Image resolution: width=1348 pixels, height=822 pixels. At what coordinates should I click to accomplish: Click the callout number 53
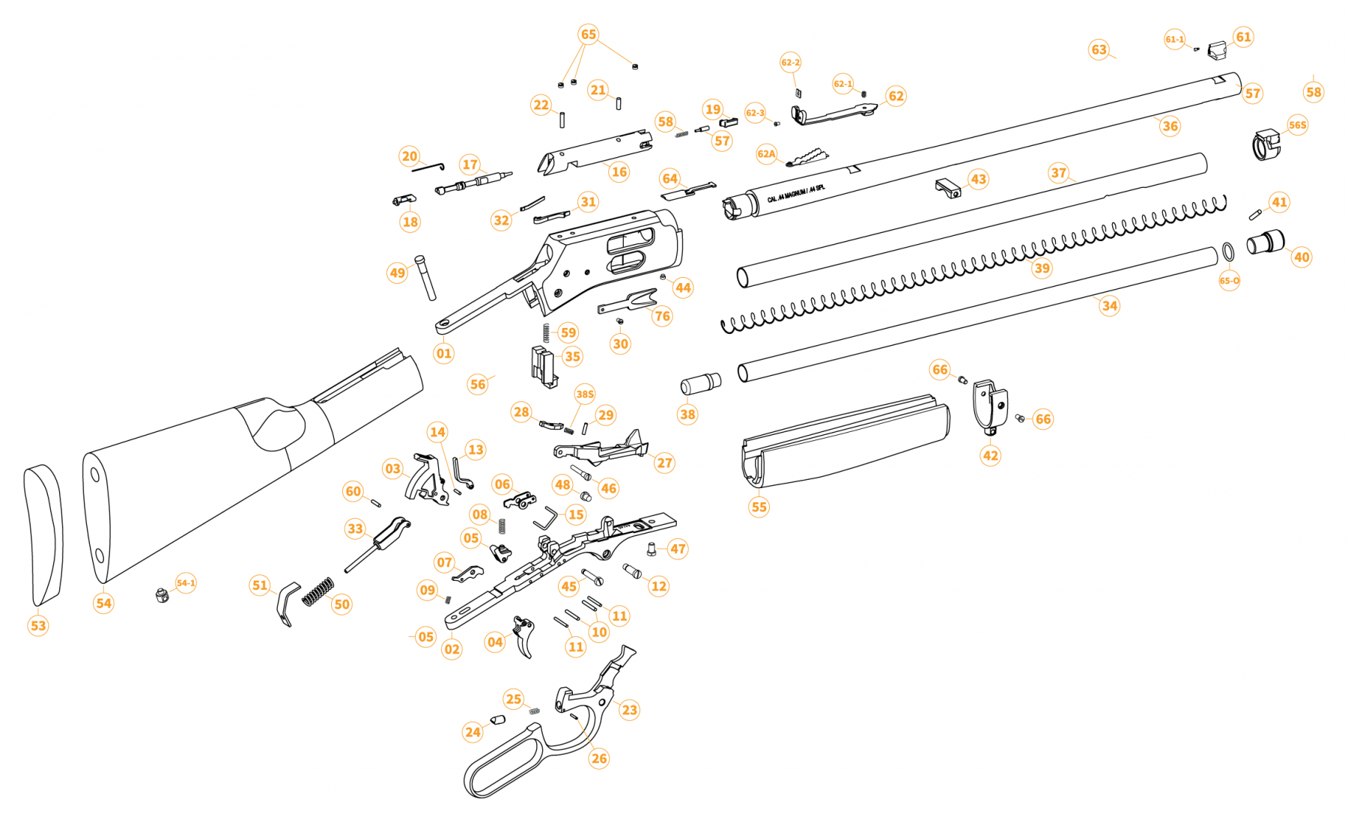38,625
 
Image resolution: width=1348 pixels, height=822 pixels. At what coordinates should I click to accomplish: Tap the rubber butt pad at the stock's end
44,535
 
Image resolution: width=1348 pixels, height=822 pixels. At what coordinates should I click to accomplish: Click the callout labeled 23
629,710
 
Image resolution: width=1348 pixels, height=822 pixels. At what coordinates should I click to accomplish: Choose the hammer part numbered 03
425,479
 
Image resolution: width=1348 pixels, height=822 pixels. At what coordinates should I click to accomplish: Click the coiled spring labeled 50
318,591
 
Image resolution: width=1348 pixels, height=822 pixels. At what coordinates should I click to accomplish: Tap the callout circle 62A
766,154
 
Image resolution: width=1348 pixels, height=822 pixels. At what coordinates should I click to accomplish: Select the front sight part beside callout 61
1218,51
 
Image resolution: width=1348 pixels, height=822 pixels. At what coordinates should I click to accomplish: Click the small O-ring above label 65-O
1228,252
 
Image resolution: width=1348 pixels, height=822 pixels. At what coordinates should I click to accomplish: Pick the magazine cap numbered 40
1266,243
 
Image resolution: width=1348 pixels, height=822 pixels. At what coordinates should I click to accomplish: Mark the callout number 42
990,455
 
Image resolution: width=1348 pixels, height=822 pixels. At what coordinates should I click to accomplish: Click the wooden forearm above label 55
846,442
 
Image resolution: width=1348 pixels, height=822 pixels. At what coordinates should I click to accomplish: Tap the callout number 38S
585,394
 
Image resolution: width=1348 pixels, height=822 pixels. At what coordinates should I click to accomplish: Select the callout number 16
619,171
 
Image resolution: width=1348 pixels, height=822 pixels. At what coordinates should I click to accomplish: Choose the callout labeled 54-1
186,582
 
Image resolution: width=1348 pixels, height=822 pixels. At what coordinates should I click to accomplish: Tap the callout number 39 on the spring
1042,268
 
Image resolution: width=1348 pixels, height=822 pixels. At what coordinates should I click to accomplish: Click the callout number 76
662,315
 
